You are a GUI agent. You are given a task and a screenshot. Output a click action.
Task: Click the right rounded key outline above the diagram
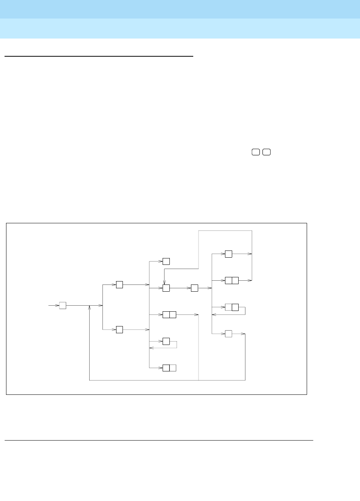[267, 152]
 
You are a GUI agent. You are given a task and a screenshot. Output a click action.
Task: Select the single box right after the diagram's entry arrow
[63, 305]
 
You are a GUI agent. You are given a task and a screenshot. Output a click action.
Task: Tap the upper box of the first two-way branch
[119, 285]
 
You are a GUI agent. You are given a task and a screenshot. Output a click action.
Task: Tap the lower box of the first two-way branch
[119, 329]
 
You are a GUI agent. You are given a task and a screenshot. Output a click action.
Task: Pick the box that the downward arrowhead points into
[166, 288]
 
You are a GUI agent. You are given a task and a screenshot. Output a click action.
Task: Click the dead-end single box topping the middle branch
[166, 261]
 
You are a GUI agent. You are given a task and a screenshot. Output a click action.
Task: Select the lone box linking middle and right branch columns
[194, 288]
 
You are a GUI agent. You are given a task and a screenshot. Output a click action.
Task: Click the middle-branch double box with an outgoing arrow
[169, 314]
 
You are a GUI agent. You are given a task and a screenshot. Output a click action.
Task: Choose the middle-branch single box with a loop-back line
[166, 341]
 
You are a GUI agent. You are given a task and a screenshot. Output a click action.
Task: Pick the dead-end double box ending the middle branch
[169, 368]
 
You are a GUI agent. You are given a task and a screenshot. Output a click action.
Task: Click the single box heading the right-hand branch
[228, 254]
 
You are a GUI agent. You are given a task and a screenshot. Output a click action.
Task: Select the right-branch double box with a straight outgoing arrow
[231, 280]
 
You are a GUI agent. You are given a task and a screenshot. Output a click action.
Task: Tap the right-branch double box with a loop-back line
[231, 307]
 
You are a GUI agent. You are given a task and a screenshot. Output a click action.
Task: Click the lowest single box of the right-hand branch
[228, 334]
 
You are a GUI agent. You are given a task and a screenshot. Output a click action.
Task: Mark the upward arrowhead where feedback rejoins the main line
[89, 308]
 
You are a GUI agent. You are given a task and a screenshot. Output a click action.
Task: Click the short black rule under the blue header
[99, 57]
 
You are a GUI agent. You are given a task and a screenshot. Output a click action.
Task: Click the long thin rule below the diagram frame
[159, 440]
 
